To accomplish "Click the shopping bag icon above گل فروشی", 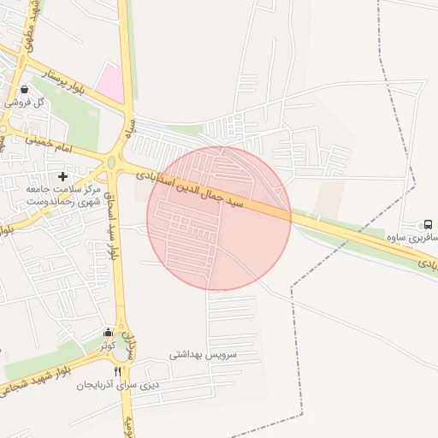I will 24,88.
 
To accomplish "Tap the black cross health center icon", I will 63,175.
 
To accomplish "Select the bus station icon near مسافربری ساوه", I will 428,224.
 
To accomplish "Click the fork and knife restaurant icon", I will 118,371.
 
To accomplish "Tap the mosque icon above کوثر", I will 107,333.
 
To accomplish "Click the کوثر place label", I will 107,346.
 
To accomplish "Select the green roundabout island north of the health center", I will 111,163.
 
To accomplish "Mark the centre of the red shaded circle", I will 219,218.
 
